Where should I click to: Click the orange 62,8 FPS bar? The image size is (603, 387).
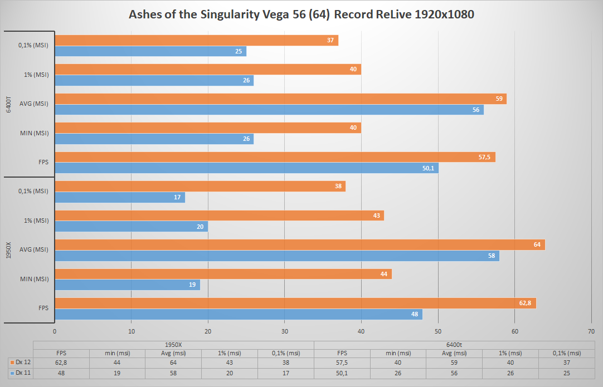pyautogui.click(x=295, y=303)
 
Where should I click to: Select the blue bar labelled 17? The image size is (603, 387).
pyautogui.click(x=120, y=198)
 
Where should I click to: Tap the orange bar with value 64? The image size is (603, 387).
pyautogui.click(x=300, y=244)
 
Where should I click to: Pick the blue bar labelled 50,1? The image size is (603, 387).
pyautogui.click(x=246, y=168)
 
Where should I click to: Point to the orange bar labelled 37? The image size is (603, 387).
pyautogui.click(x=196, y=40)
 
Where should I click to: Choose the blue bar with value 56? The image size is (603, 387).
pyautogui.click(x=269, y=110)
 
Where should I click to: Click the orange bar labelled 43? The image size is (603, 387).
pyautogui.click(x=219, y=215)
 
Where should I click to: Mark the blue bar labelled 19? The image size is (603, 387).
pyautogui.click(x=127, y=285)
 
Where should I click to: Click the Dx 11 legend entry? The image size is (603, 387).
pyautogui.click(x=18, y=373)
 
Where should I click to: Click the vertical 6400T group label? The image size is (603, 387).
pyautogui.click(x=9, y=104)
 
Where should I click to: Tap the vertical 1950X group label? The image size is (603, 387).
pyautogui.click(x=9, y=250)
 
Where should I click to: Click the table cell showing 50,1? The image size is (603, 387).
pyautogui.click(x=342, y=373)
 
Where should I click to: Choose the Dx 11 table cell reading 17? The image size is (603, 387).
pyautogui.click(x=285, y=373)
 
